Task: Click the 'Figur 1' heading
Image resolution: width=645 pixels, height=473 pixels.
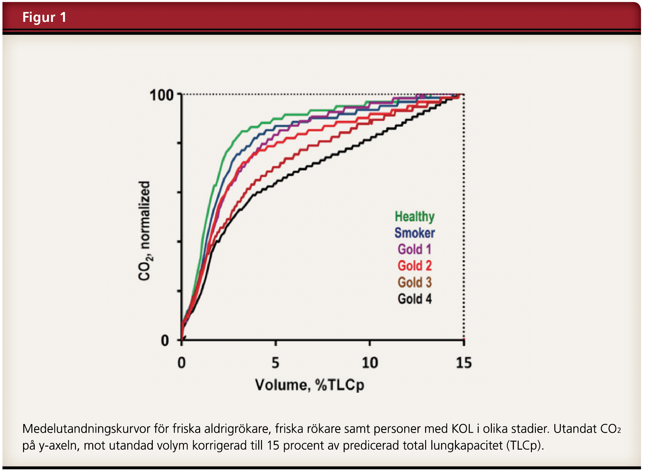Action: click(44, 17)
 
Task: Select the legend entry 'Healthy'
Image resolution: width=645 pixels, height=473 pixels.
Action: click(414, 217)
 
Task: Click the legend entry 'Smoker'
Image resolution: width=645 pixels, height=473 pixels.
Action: click(414, 233)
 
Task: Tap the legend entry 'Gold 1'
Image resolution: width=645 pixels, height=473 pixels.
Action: click(414, 249)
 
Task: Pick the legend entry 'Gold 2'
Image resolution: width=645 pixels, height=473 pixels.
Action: click(414, 266)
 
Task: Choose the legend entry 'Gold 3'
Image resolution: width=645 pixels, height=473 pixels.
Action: click(414, 282)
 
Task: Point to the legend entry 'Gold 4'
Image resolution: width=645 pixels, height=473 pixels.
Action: click(414, 299)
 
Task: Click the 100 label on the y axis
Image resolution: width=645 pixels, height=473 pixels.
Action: click(162, 95)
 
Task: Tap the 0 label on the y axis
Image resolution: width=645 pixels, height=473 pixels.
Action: click(165, 341)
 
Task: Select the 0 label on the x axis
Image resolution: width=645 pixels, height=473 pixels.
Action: click(182, 363)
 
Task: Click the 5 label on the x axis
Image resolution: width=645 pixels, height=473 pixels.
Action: click(275, 363)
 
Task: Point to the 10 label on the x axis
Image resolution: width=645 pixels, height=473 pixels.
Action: click(370, 363)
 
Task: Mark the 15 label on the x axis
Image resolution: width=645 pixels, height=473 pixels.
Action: click(464, 363)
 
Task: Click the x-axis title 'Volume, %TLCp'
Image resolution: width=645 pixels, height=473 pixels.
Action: click(310, 385)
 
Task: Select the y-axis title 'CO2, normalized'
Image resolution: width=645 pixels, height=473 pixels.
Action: click(144, 231)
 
